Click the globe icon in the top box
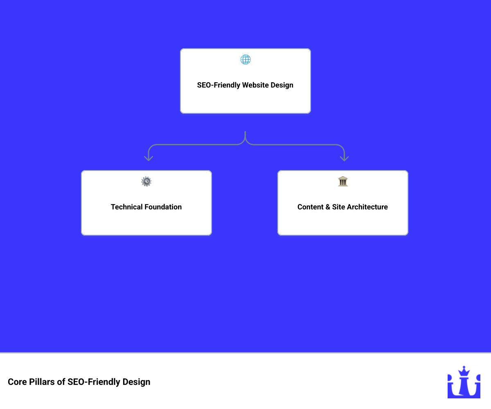(x=245, y=60)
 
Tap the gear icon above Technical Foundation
(x=146, y=182)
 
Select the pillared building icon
(x=343, y=182)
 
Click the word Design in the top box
(x=282, y=85)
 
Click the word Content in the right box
(x=311, y=207)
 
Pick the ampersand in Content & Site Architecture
(x=328, y=207)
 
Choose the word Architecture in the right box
(x=367, y=207)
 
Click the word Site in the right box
(x=338, y=207)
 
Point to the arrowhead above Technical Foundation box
(x=149, y=158)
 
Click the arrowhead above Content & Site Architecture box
(x=344, y=158)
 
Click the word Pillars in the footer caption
(x=43, y=382)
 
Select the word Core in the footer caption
(x=17, y=382)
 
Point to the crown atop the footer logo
(x=464, y=371)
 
